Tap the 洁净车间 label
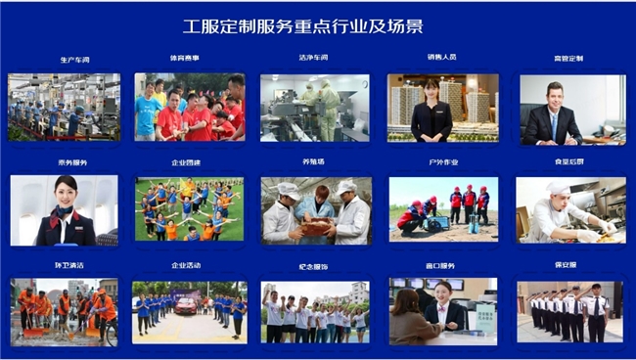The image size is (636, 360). click(313, 58)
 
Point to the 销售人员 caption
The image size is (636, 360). click(441, 58)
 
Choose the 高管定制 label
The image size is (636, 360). click(568, 59)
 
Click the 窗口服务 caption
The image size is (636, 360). click(441, 266)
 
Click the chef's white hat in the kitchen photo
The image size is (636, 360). click(557, 188)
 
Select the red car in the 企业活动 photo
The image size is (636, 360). click(185, 305)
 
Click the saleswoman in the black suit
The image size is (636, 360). click(431, 112)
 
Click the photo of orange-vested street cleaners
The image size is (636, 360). click(64, 312)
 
